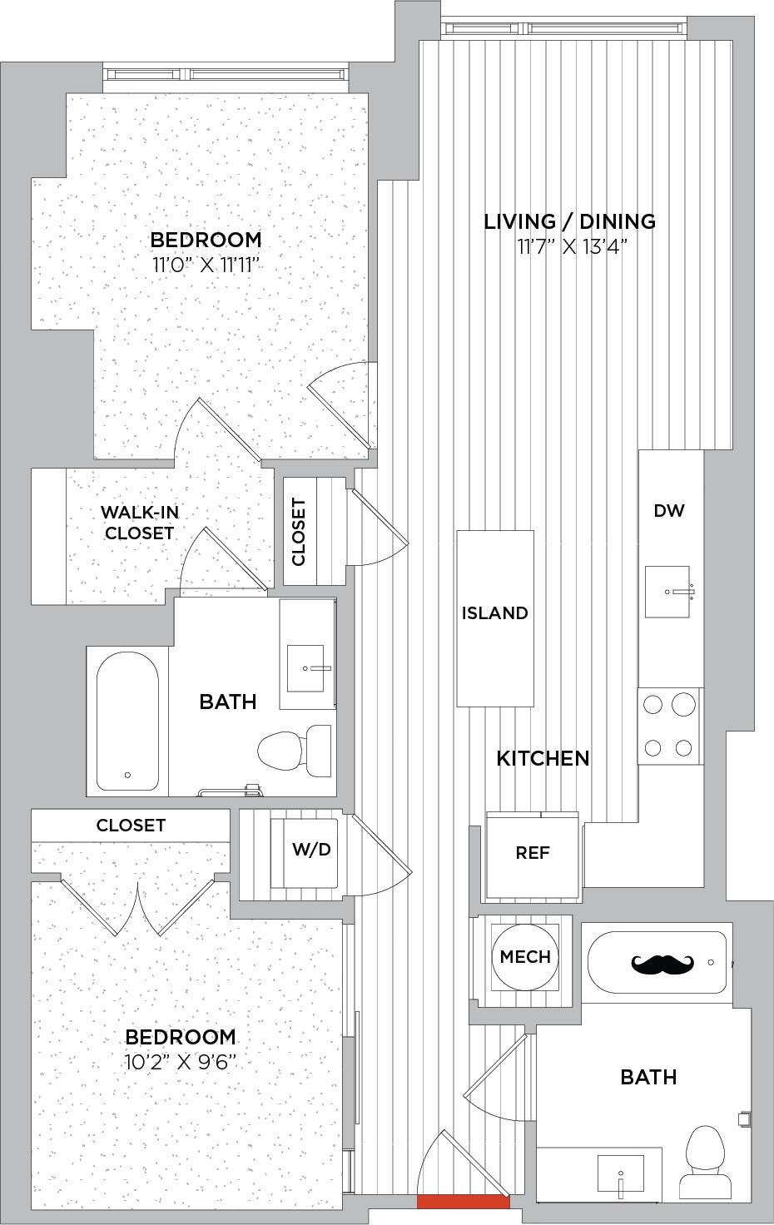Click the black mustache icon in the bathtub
(x=662, y=965)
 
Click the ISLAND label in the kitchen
(x=495, y=613)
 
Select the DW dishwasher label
(x=669, y=511)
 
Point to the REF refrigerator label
(x=532, y=852)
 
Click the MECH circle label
(x=525, y=956)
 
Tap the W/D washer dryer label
(x=311, y=850)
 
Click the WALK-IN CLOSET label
(x=140, y=523)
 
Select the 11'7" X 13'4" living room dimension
(x=571, y=247)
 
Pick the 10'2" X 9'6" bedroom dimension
(x=181, y=1063)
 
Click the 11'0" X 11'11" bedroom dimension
(x=205, y=265)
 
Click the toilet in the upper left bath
(x=295, y=751)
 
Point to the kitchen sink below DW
(x=667, y=592)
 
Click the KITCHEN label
(x=543, y=758)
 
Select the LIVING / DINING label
(x=570, y=221)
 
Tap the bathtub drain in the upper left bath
(x=127, y=775)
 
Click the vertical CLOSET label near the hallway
(x=299, y=531)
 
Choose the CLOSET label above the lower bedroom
(x=131, y=826)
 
